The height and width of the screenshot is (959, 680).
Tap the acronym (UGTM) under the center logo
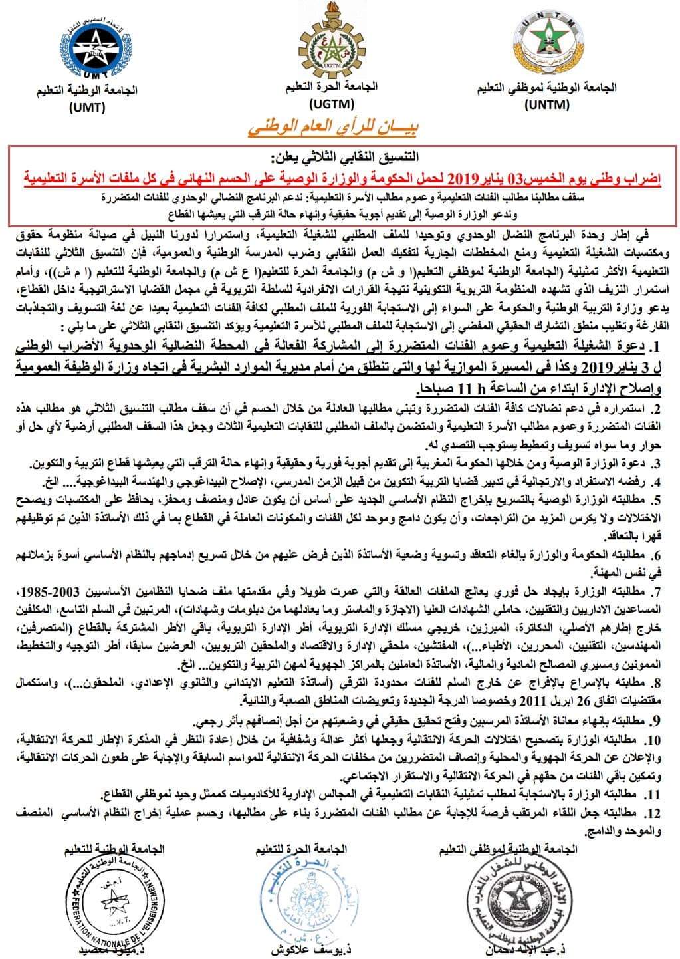tap(332, 103)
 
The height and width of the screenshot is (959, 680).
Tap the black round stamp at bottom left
tap(112, 900)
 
